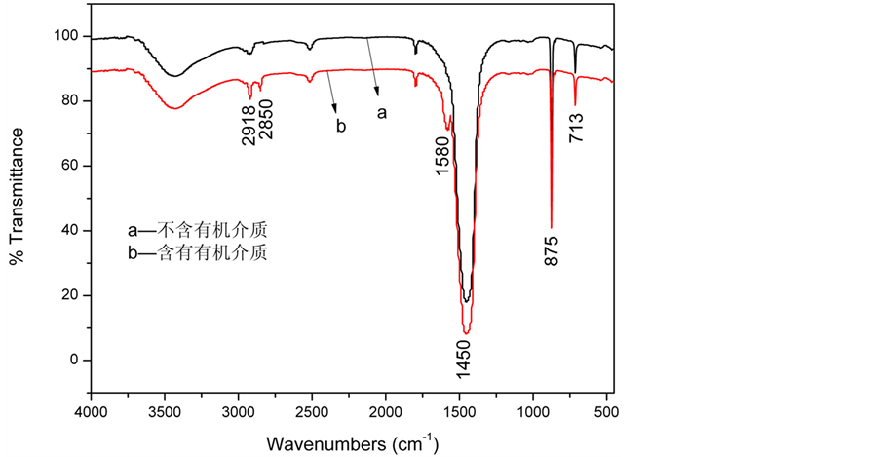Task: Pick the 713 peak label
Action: pos(576,124)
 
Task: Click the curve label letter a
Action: pos(382,113)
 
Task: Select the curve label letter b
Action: pos(341,127)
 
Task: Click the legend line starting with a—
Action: pos(197,232)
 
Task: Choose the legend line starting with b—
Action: pos(197,252)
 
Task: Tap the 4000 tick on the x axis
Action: pos(91,412)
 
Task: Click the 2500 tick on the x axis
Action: pos(312,412)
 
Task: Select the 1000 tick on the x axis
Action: pos(533,412)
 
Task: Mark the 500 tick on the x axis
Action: pos(606,412)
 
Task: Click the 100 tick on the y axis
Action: pos(68,36)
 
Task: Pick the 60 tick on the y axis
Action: pos(72,166)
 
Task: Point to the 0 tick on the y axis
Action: pos(76,360)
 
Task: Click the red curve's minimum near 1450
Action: pos(466,333)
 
